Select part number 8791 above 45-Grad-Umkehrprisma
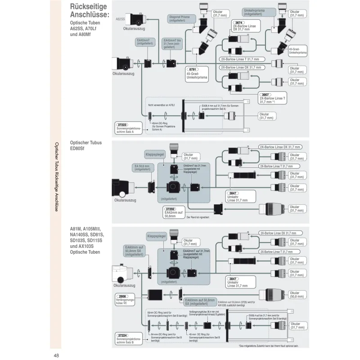(192, 69)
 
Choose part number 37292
(171, 209)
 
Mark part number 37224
(122, 335)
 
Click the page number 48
(56, 355)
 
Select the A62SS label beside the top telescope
(120, 19)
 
